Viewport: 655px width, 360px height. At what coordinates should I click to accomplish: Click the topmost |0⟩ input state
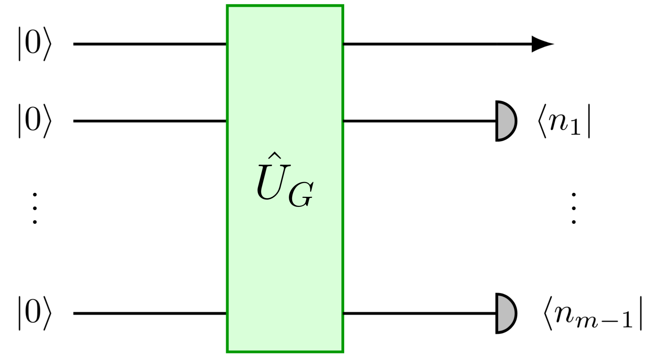35,44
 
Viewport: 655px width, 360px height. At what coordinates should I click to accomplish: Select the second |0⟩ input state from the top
35,121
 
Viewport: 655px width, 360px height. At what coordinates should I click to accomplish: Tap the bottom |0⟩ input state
35,313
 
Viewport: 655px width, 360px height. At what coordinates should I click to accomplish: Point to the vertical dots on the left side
35,208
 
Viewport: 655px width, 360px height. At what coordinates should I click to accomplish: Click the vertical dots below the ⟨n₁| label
574,208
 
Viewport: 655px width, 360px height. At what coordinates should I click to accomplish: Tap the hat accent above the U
275,156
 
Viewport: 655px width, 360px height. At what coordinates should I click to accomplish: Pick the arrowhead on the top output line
542,44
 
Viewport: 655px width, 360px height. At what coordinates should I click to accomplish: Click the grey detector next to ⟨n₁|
506,121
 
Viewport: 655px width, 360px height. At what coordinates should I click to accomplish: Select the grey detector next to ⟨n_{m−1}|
506,313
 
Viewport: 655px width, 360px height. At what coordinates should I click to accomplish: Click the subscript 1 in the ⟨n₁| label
575,129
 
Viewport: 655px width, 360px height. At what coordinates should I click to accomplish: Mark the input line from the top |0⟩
150,44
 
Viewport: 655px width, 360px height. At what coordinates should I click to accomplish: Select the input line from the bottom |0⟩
150,313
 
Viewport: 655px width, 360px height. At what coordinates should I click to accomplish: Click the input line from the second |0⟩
150,121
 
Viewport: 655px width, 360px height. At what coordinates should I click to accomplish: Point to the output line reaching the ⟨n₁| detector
419,121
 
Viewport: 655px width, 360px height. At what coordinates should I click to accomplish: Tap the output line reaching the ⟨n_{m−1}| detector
419,313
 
